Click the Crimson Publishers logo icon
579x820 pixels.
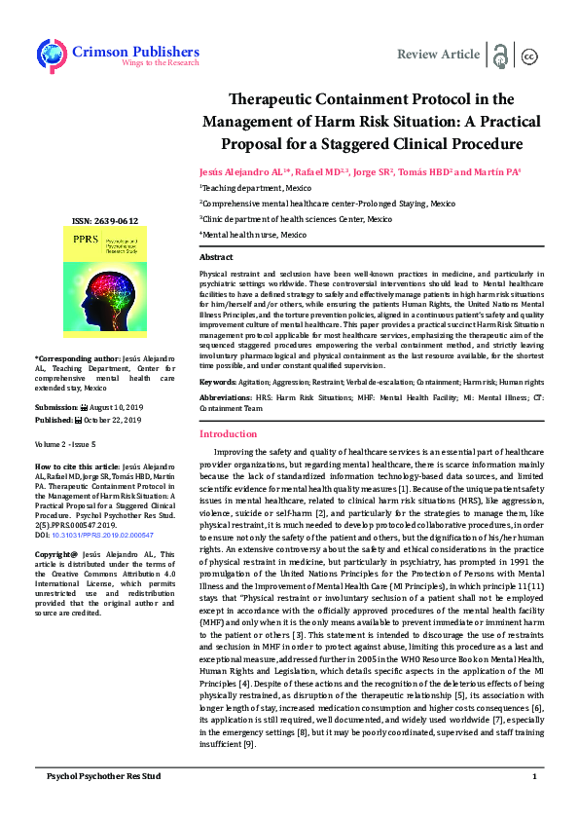coord(51,55)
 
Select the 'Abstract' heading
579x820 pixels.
coord(217,256)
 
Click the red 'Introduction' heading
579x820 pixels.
coord(229,433)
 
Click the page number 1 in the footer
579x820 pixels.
coord(534,804)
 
